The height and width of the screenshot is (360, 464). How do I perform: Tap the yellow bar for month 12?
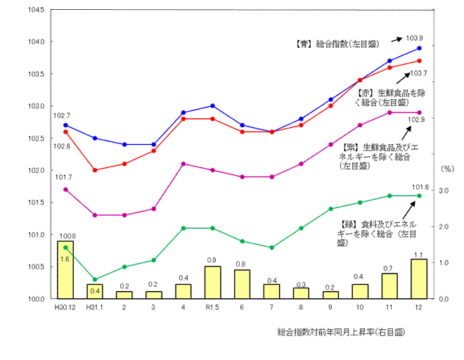[x=419, y=279]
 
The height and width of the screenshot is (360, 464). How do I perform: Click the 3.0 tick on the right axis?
[x=444, y=191]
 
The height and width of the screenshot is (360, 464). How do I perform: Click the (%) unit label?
[x=448, y=169]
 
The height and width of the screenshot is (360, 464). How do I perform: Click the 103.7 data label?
[x=418, y=72]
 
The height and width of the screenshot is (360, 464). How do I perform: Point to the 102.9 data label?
[x=418, y=120]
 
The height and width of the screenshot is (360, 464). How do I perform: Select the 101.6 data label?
[x=420, y=186]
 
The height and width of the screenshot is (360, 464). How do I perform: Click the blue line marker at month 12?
[x=419, y=48]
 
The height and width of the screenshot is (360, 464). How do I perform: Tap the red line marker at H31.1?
[x=95, y=170]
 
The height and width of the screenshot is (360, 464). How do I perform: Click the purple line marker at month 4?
[x=183, y=164]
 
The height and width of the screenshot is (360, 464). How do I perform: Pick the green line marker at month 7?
[x=271, y=247]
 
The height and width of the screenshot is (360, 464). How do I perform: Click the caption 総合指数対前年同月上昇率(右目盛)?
[x=342, y=330]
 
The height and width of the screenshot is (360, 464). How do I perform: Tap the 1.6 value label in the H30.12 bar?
[x=64, y=259]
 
